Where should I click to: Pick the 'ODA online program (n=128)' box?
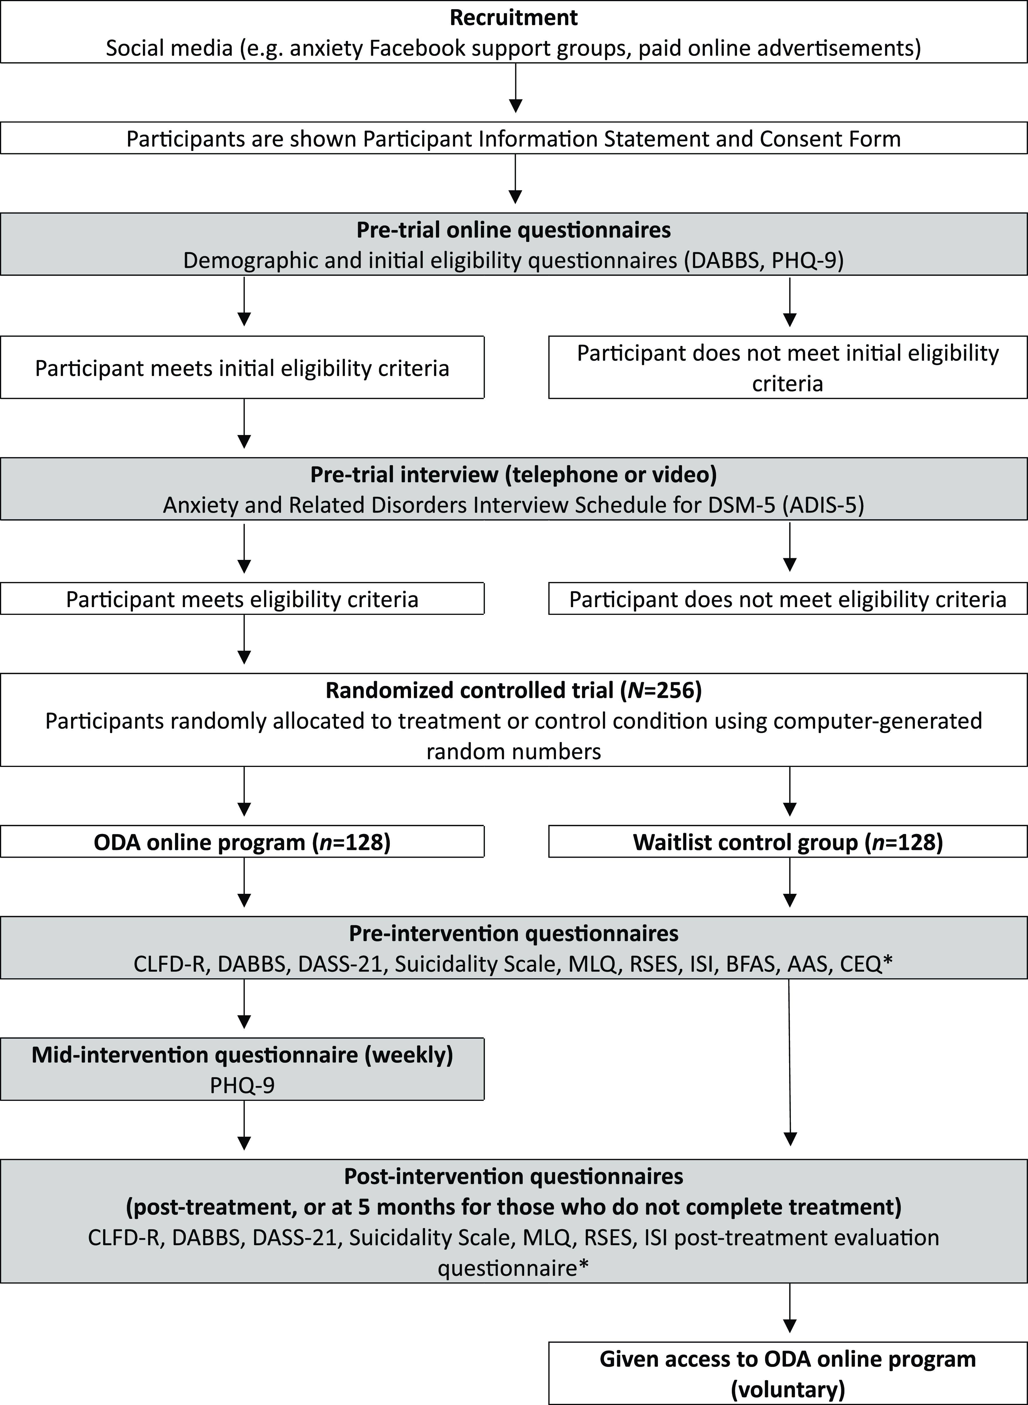pos(242,842)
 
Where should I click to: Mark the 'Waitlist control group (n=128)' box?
pos(788,842)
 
